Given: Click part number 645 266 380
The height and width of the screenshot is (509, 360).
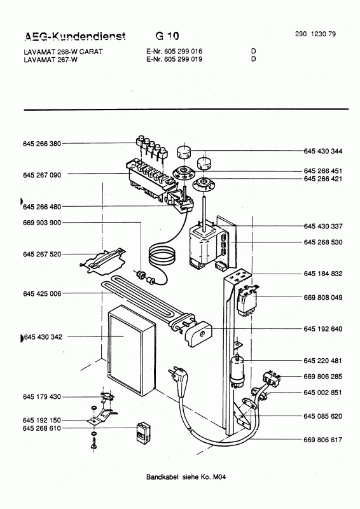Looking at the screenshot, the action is [42, 144].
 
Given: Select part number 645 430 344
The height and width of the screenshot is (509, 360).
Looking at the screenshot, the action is [323, 151].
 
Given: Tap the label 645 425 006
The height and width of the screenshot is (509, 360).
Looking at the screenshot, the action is [42, 294].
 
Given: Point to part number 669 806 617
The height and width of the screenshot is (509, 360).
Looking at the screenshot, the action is [323, 440].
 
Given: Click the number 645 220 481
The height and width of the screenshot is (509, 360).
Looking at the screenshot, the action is [322, 361].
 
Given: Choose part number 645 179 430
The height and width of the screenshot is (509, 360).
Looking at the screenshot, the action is [42, 396].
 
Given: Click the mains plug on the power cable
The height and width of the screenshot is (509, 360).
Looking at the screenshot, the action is [176, 377].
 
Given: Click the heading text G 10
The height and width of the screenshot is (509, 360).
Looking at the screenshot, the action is [167, 36].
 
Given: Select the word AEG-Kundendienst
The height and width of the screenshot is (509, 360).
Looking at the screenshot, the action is [75, 36].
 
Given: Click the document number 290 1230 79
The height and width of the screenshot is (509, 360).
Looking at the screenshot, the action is [315, 34].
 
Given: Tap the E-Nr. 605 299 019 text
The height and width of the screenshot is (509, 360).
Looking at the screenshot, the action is [174, 59].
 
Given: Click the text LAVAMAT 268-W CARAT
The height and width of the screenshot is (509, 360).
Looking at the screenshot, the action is [64, 52].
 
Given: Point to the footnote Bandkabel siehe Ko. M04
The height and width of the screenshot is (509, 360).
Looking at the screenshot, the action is [186, 477].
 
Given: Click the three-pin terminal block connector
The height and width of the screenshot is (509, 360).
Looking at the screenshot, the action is [272, 378].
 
